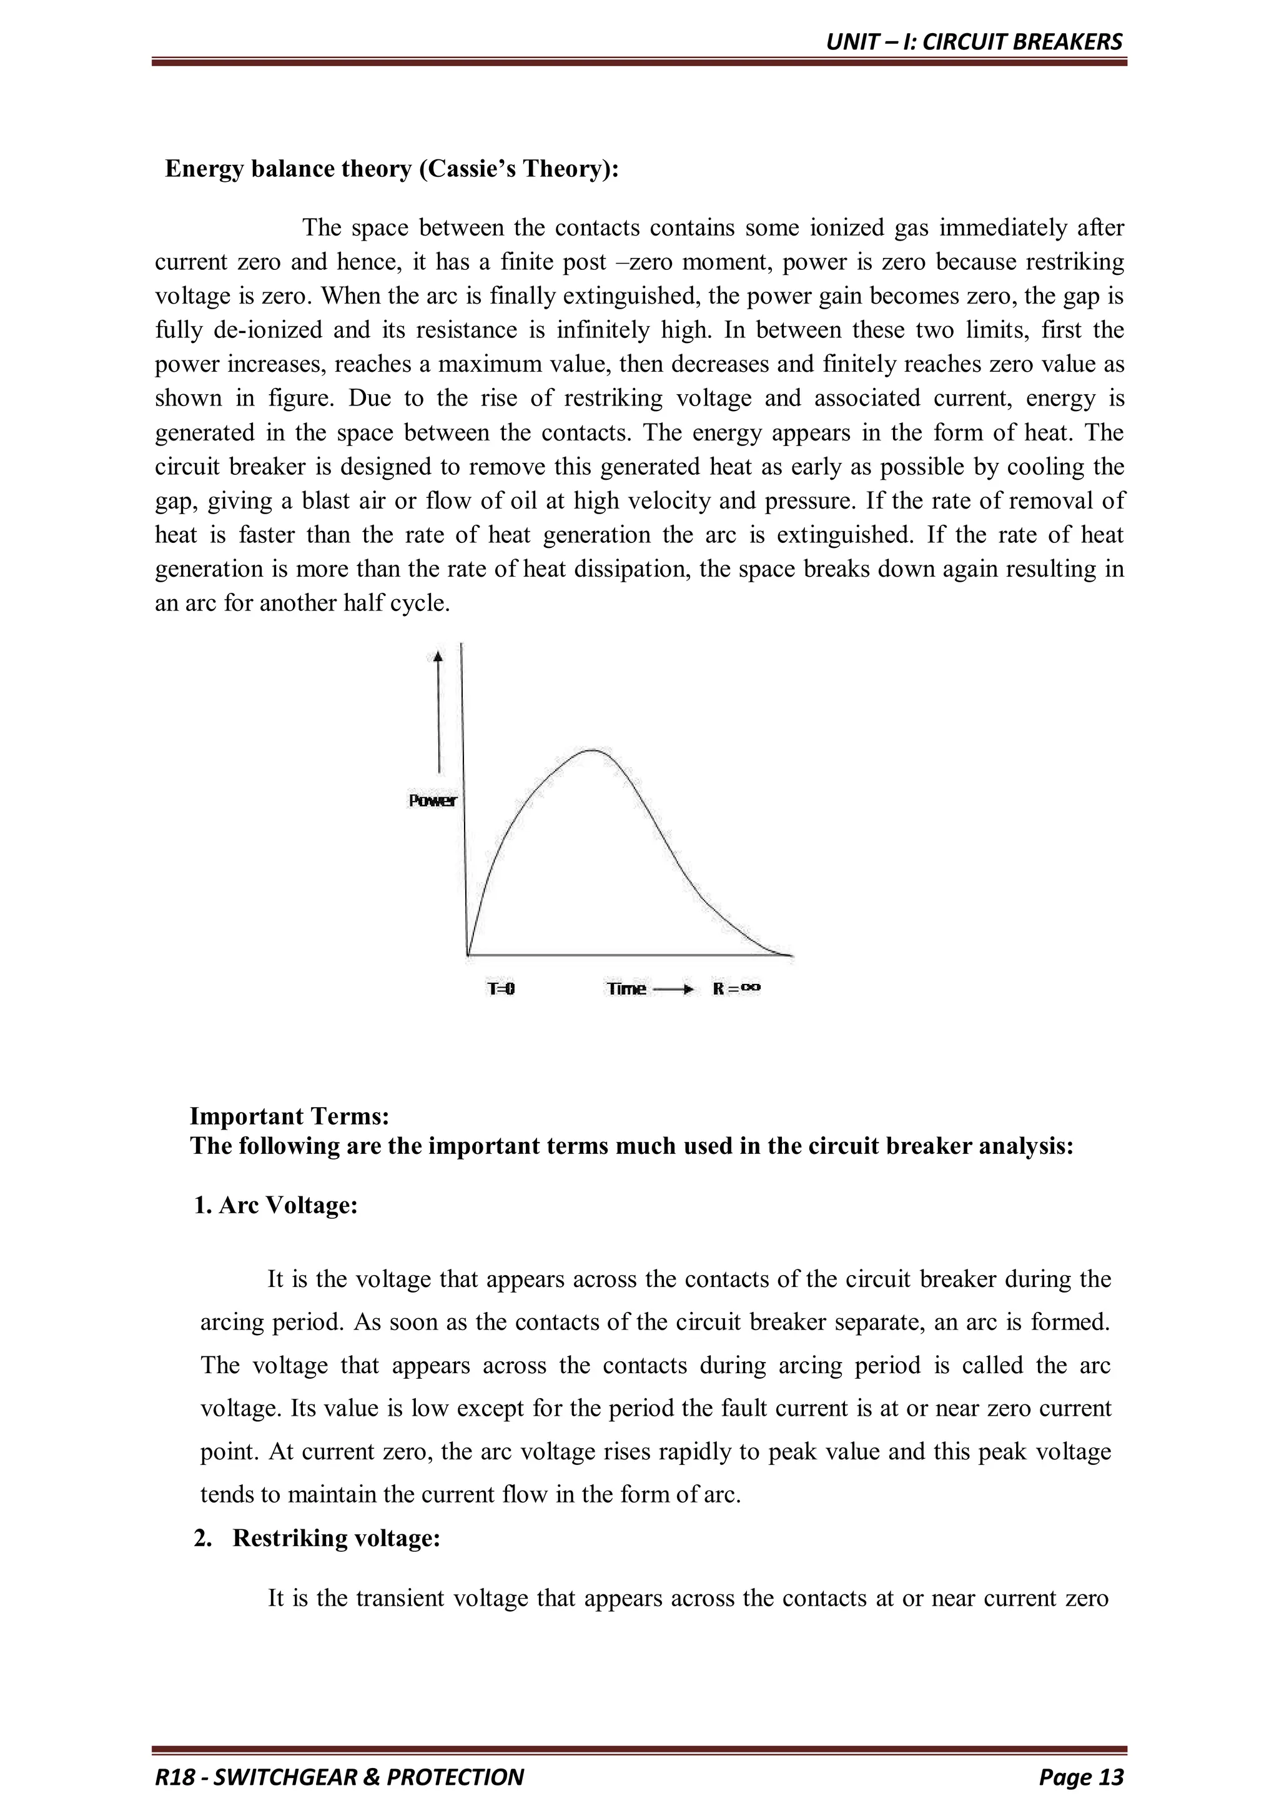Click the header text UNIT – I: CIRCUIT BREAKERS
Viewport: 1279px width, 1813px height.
(974, 42)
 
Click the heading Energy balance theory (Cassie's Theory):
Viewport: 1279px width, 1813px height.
(392, 169)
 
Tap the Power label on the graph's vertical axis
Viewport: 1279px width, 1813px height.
(432, 801)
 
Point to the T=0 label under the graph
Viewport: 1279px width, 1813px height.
(501, 988)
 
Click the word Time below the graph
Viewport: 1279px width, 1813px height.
(626, 988)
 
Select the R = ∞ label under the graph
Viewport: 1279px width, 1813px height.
(736, 988)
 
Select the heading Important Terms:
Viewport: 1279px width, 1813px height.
(290, 1116)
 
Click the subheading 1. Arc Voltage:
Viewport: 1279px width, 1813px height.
(276, 1206)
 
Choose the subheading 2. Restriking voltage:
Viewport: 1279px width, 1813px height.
(317, 1538)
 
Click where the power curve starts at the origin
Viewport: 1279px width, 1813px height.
(469, 955)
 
